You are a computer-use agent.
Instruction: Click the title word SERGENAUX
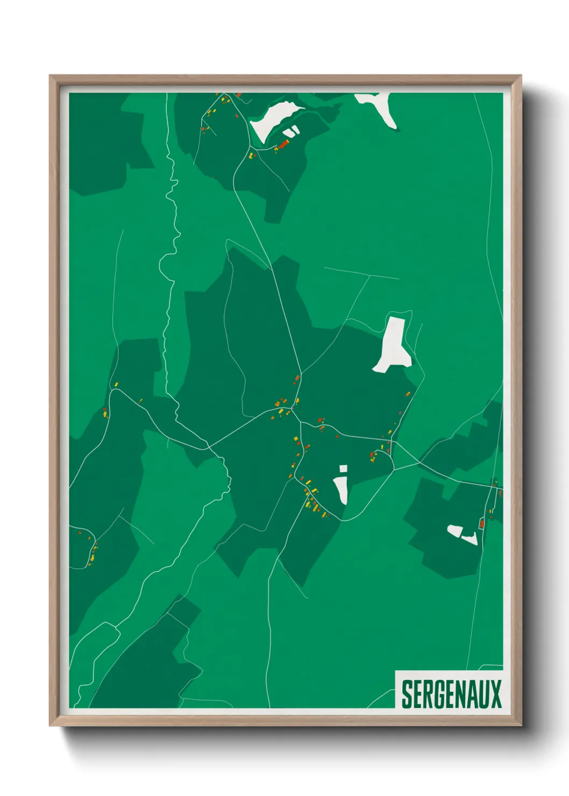tap(451, 694)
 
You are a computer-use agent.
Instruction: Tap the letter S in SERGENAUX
tap(407, 694)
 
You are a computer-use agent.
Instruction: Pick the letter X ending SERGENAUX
tap(496, 694)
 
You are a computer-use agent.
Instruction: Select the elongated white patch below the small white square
tap(342, 489)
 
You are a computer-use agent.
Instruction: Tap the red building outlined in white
tap(482, 523)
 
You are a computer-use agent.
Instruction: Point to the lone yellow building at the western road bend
tap(115, 384)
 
